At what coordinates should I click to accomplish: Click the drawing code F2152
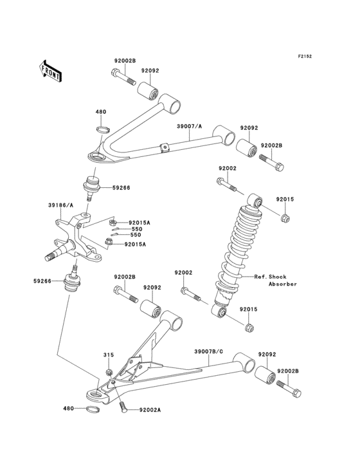pyautogui.click(x=304, y=57)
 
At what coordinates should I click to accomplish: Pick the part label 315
pyautogui.click(x=109, y=355)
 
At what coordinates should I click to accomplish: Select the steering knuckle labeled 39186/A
pyautogui.click(x=77, y=241)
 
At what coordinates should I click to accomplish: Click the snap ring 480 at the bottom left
pyautogui.click(x=93, y=409)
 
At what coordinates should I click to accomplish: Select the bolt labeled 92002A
pyautogui.click(x=123, y=406)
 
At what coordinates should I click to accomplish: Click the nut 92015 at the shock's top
pyautogui.click(x=285, y=220)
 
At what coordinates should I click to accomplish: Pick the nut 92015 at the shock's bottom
pyautogui.click(x=249, y=329)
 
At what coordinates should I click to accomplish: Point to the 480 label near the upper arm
pyautogui.click(x=100, y=112)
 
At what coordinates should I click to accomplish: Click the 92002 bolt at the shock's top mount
pyautogui.click(x=226, y=186)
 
